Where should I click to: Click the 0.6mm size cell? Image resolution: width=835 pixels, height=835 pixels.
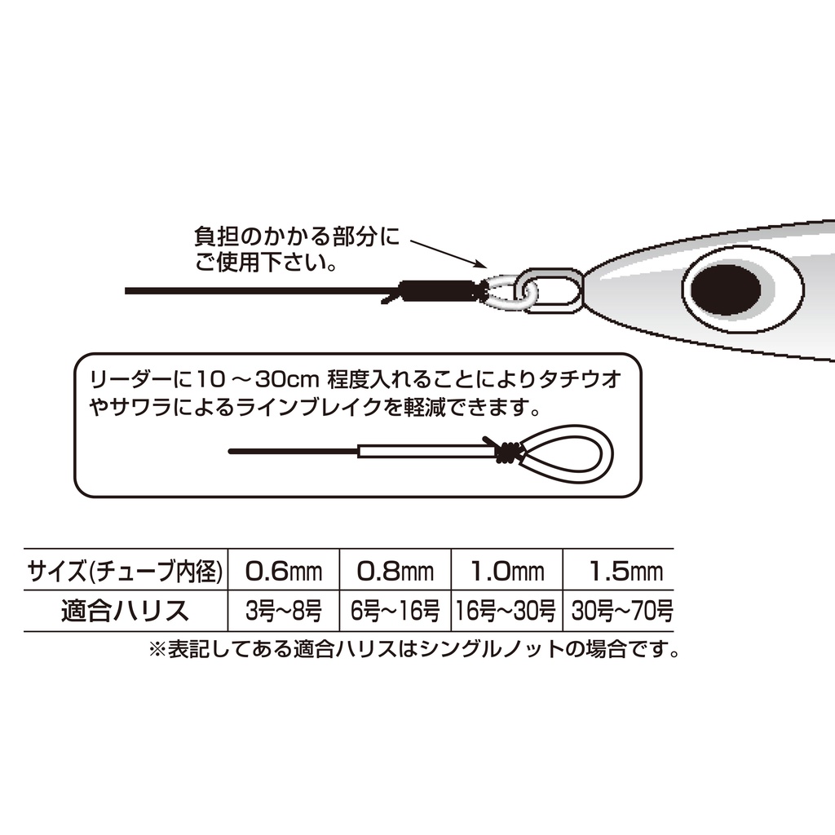(283, 572)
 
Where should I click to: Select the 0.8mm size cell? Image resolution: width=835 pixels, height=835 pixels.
(395, 572)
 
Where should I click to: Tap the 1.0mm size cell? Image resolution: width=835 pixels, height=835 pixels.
(507, 572)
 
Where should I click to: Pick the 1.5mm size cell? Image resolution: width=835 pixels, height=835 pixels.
(625, 572)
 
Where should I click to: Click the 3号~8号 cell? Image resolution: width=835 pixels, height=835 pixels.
(283, 611)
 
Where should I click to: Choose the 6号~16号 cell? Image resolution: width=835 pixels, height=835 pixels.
(395, 611)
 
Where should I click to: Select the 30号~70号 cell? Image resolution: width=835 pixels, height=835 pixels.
(622, 611)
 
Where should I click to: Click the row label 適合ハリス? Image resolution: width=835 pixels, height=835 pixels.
(125, 611)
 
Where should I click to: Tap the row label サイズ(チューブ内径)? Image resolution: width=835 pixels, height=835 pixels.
(125, 572)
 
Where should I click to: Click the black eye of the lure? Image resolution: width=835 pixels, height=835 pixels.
(725, 289)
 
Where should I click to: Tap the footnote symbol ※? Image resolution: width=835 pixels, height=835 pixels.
(157, 649)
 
